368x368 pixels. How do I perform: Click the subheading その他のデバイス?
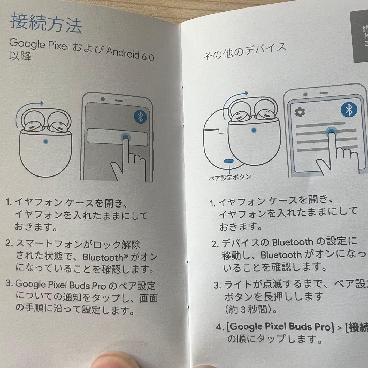(x=245, y=51)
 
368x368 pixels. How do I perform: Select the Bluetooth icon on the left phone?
(x=139, y=117)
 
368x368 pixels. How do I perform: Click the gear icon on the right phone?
(x=300, y=112)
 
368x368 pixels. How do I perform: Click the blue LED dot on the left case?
(x=46, y=141)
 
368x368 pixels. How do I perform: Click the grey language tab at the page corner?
(x=359, y=37)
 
